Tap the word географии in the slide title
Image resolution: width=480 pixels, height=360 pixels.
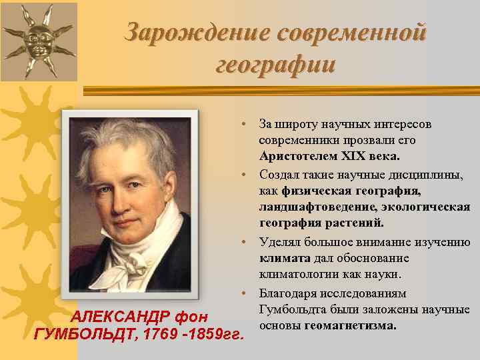(x=275, y=65)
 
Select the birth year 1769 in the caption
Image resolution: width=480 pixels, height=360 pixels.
(x=160, y=333)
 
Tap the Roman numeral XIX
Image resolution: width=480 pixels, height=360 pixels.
(x=354, y=156)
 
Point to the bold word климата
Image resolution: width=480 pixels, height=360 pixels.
(x=285, y=258)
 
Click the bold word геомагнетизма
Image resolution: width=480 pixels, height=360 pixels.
(x=351, y=326)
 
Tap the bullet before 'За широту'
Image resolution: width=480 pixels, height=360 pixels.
(x=245, y=125)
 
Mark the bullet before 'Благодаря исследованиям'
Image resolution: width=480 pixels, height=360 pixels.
(x=245, y=293)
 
